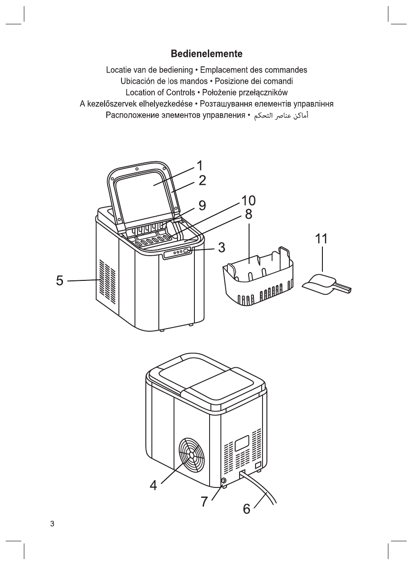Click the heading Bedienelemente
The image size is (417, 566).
(207, 54)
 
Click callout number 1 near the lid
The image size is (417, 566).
(200, 165)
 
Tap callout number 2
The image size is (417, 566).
(202, 180)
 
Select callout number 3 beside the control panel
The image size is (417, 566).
(222, 247)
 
